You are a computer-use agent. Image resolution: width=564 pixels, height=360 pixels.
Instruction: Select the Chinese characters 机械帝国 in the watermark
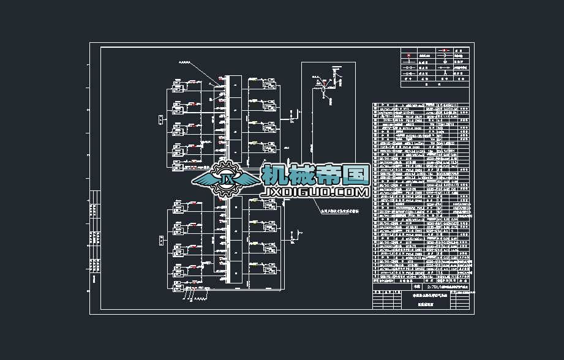tap(315, 176)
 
